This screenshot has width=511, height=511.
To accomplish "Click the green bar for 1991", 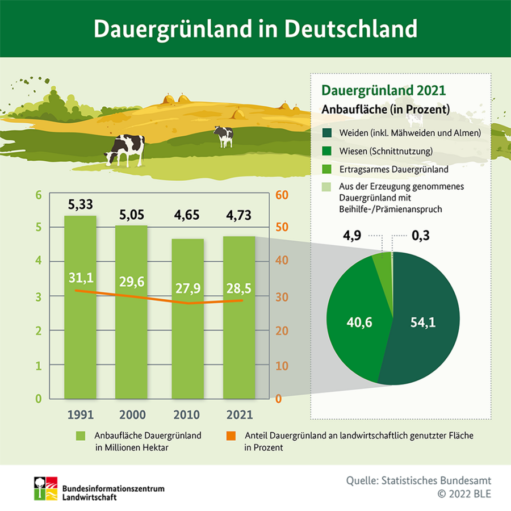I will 80,341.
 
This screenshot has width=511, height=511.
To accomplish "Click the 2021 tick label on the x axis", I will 239,414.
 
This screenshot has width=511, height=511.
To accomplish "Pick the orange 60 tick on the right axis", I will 282,195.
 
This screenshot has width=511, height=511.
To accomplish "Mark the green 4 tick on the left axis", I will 39,261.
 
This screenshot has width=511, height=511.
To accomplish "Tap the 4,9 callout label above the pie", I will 353,235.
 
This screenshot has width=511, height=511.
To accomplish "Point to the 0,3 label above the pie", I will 420,235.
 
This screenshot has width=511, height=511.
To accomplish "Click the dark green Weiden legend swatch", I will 327,133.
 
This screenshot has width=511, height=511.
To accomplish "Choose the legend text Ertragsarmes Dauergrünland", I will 394,169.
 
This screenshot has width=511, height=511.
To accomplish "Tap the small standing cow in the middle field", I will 223,136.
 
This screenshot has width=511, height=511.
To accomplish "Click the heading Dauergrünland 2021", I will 383,90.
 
